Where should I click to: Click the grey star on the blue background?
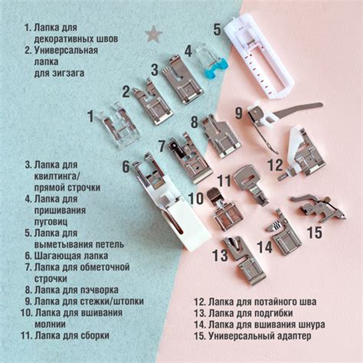153,34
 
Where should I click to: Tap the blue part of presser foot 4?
215,68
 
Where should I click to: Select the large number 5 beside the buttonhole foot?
217,30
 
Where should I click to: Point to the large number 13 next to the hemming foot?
220,255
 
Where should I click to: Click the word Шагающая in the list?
54,256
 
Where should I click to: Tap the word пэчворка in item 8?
100,290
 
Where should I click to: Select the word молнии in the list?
50,324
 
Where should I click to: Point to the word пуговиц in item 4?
51,221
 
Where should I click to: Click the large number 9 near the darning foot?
239,113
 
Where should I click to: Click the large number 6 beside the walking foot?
126,166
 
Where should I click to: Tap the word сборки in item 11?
94,335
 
